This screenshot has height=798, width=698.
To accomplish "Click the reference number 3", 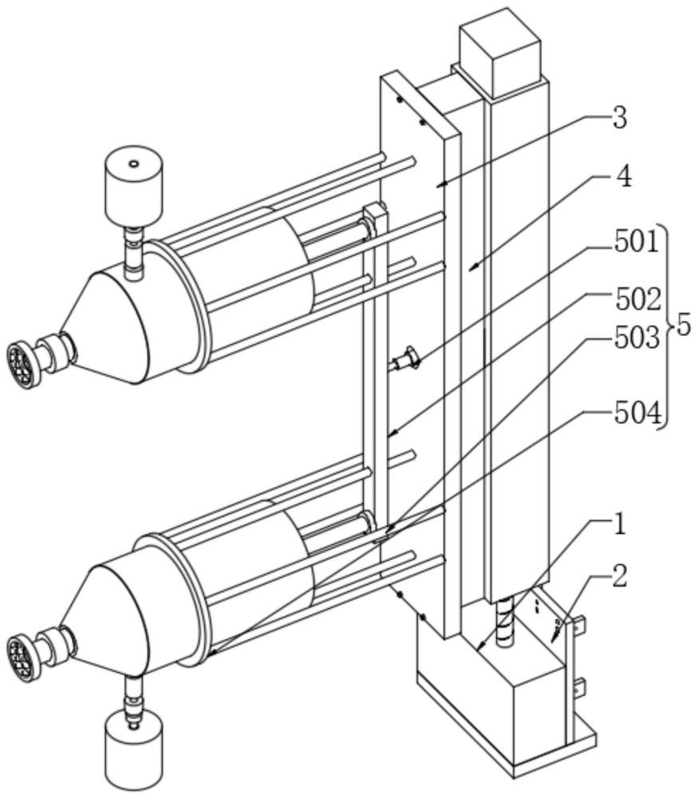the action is (619, 119).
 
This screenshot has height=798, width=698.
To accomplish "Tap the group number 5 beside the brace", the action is (684, 326).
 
